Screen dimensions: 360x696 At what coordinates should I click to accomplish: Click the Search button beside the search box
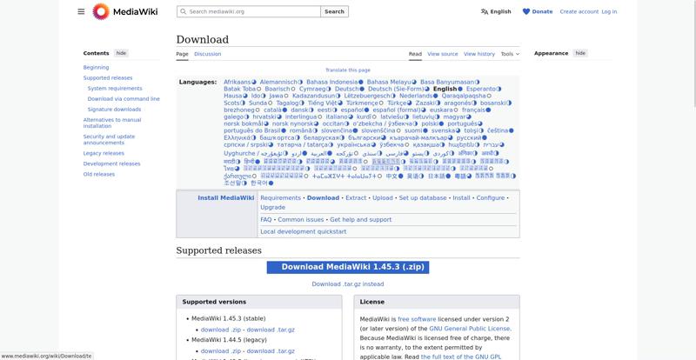(x=334, y=12)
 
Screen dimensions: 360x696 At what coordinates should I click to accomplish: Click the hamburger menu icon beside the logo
(x=81, y=12)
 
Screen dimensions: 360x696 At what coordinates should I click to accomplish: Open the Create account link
(x=579, y=12)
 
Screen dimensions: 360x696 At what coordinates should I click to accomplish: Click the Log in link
(x=609, y=12)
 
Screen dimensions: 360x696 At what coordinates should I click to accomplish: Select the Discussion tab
(x=207, y=54)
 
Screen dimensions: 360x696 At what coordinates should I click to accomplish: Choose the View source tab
(x=443, y=54)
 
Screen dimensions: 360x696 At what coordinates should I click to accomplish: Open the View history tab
(x=479, y=54)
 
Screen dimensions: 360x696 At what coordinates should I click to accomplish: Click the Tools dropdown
(x=510, y=54)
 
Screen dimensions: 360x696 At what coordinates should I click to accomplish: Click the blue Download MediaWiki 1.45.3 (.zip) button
(x=348, y=268)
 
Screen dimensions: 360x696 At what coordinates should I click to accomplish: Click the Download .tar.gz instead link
(x=348, y=284)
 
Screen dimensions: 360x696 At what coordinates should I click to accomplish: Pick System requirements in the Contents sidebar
(x=115, y=89)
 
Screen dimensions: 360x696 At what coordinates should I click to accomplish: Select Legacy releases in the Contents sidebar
(x=104, y=153)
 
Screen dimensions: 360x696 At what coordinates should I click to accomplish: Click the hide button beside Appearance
(x=579, y=53)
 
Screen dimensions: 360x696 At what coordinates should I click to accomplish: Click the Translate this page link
(x=348, y=70)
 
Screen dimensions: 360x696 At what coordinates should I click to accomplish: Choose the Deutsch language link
(x=346, y=89)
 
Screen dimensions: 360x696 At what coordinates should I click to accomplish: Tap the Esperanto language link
(x=481, y=89)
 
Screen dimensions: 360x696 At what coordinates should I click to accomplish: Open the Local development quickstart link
(x=304, y=232)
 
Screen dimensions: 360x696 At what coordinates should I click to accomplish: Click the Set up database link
(x=422, y=198)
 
